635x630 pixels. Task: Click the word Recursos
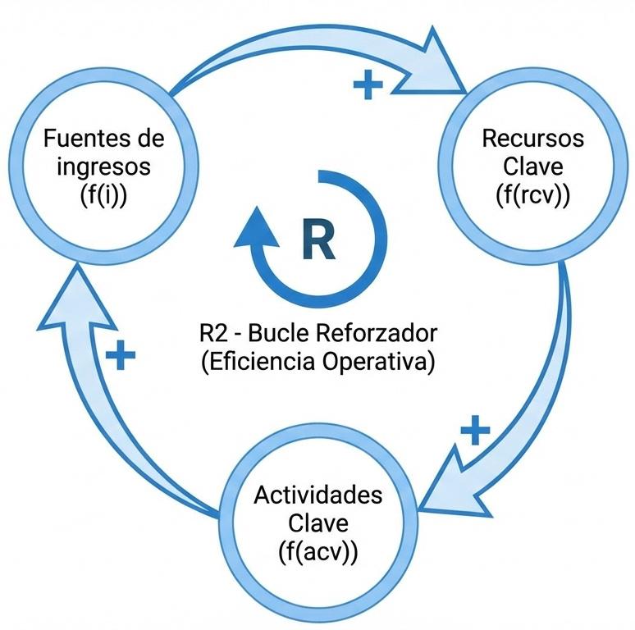point(532,137)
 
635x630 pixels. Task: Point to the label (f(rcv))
point(532,195)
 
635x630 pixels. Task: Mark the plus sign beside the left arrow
point(120,354)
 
